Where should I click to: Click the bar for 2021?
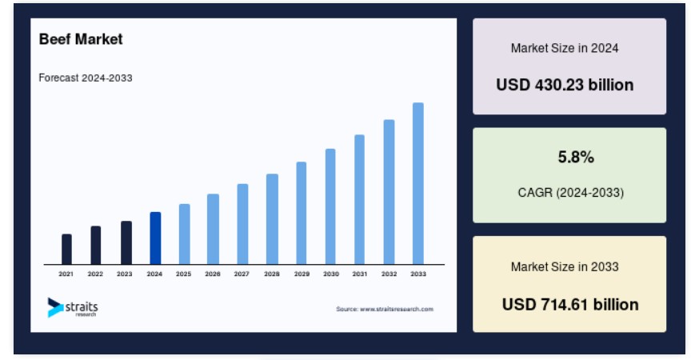click(x=66, y=249)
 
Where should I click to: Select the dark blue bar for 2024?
click(x=155, y=238)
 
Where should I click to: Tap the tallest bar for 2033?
click(x=418, y=183)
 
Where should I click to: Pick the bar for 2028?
click(x=272, y=219)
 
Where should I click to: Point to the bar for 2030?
click(x=330, y=206)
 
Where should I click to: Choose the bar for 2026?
click(x=213, y=229)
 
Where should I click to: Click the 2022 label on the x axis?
click(x=95, y=274)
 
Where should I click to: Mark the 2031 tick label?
click(x=360, y=274)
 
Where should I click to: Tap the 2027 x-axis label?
click(x=242, y=274)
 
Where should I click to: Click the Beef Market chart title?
click(x=81, y=39)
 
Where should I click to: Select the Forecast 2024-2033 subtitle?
click(x=86, y=78)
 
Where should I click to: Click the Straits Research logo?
click(x=73, y=307)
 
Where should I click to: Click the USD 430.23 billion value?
click(x=565, y=85)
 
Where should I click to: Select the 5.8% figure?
click(x=576, y=157)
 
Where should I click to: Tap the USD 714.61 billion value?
click(x=570, y=305)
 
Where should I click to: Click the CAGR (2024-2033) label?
click(x=571, y=193)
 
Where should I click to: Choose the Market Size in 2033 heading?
click(x=565, y=266)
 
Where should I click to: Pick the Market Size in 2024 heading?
click(x=565, y=48)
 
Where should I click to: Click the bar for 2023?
click(x=126, y=242)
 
